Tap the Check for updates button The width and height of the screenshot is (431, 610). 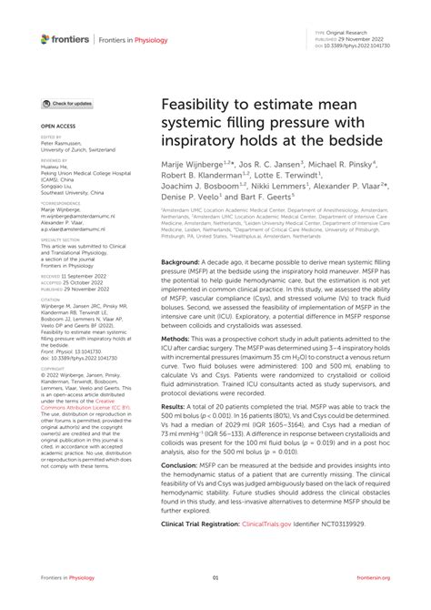pos(69,105)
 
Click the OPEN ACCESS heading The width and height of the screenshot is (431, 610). pos(56,125)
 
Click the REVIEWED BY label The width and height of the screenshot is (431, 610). pos(55,160)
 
